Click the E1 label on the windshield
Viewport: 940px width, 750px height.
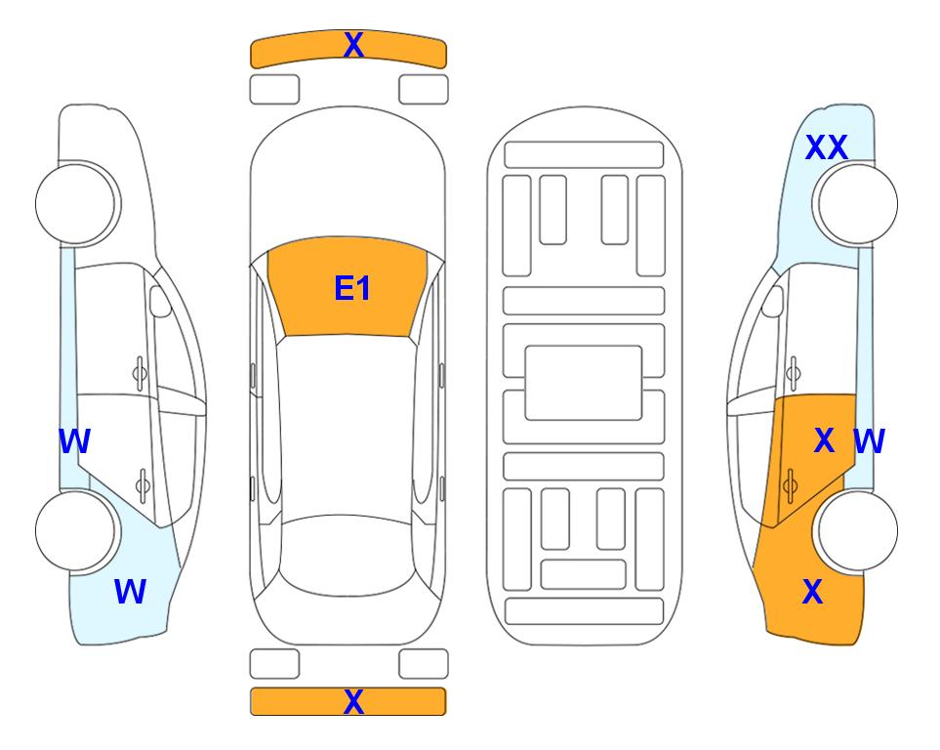(352, 288)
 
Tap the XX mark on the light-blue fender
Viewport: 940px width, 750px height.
(826, 147)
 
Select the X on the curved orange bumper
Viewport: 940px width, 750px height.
(353, 44)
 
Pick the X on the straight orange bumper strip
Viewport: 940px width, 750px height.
(353, 701)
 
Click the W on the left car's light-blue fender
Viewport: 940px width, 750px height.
(130, 592)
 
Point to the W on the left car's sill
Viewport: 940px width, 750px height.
(74, 441)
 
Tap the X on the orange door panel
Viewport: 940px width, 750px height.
(824, 440)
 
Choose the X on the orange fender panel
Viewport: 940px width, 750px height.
(812, 592)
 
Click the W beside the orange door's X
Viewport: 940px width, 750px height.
(869, 441)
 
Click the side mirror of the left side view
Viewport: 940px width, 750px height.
(160, 301)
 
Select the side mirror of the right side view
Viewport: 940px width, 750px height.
(772, 301)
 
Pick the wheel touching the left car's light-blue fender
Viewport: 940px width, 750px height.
(75, 530)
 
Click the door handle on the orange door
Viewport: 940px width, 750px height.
(790, 485)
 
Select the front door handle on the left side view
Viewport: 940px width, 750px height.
(140, 374)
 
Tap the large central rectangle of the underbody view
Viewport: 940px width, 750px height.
(584, 383)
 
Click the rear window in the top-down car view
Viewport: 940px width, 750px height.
(347, 555)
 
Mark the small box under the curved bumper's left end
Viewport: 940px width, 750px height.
(274, 90)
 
